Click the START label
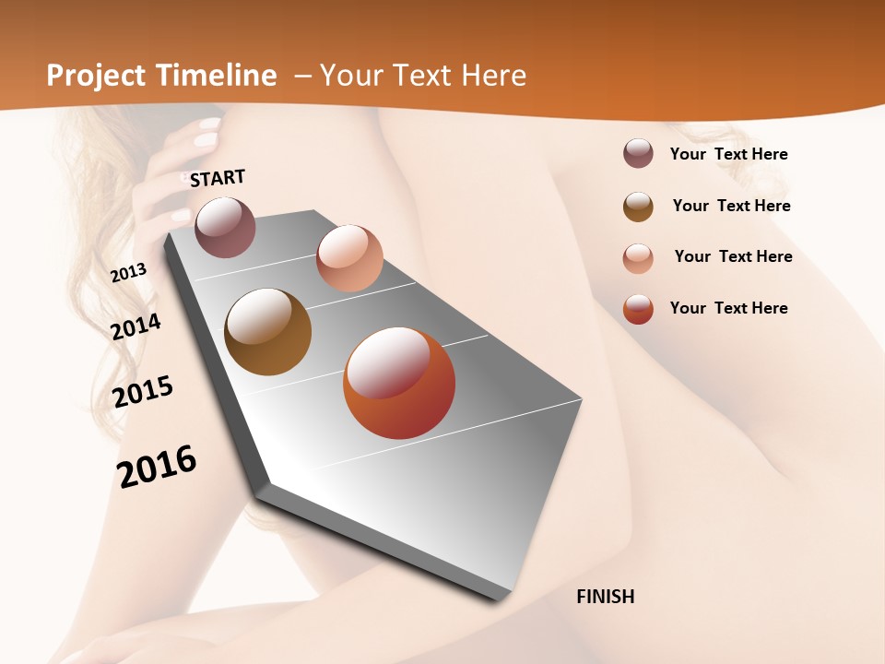[x=218, y=178]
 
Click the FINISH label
[x=605, y=597]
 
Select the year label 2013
[x=128, y=273]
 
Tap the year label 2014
[x=136, y=326]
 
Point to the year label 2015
[x=143, y=392]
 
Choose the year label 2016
[x=157, y=466]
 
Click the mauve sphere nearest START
[x=225, y=227]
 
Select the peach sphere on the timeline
[x=349, y=258]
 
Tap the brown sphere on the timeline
[x=267, y=332]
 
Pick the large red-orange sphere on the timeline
[x=399, y=383]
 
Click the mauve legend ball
[x=638, y=153]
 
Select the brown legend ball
[x=638, y=207]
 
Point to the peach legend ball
[x=638, y=258]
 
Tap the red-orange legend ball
[x=638, y=309]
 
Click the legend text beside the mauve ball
[x=728, y=154]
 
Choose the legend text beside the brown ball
[x=731, y=206]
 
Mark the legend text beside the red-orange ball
[x=728, y=308]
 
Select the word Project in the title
[x=93, y=76]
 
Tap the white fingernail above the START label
[x=207, y=140]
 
